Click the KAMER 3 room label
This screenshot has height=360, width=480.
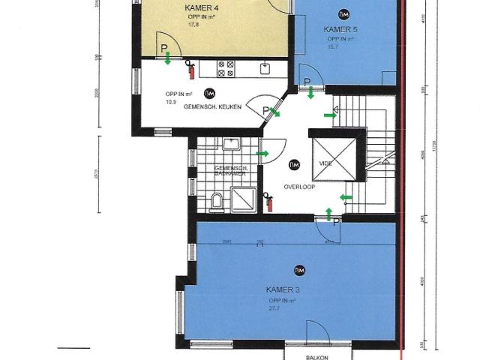pos(283,289)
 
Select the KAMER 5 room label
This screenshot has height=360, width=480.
pos(340,29)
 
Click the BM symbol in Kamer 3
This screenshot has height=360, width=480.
pos(299,270)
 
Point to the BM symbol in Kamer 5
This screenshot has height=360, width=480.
pos(343,14)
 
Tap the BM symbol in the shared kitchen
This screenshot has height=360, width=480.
pos(209,93)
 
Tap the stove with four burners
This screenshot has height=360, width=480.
pos(227,69)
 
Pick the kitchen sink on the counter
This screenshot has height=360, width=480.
pos(265,68)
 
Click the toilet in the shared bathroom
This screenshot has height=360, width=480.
pos(217,199)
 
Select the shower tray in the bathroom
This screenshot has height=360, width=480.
pos(242,199)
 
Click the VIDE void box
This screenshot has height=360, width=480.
pos(331,159)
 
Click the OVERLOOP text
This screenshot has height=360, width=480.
pos(298,186)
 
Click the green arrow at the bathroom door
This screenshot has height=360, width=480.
pos(262,154)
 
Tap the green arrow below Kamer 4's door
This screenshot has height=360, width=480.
pos(168,57)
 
